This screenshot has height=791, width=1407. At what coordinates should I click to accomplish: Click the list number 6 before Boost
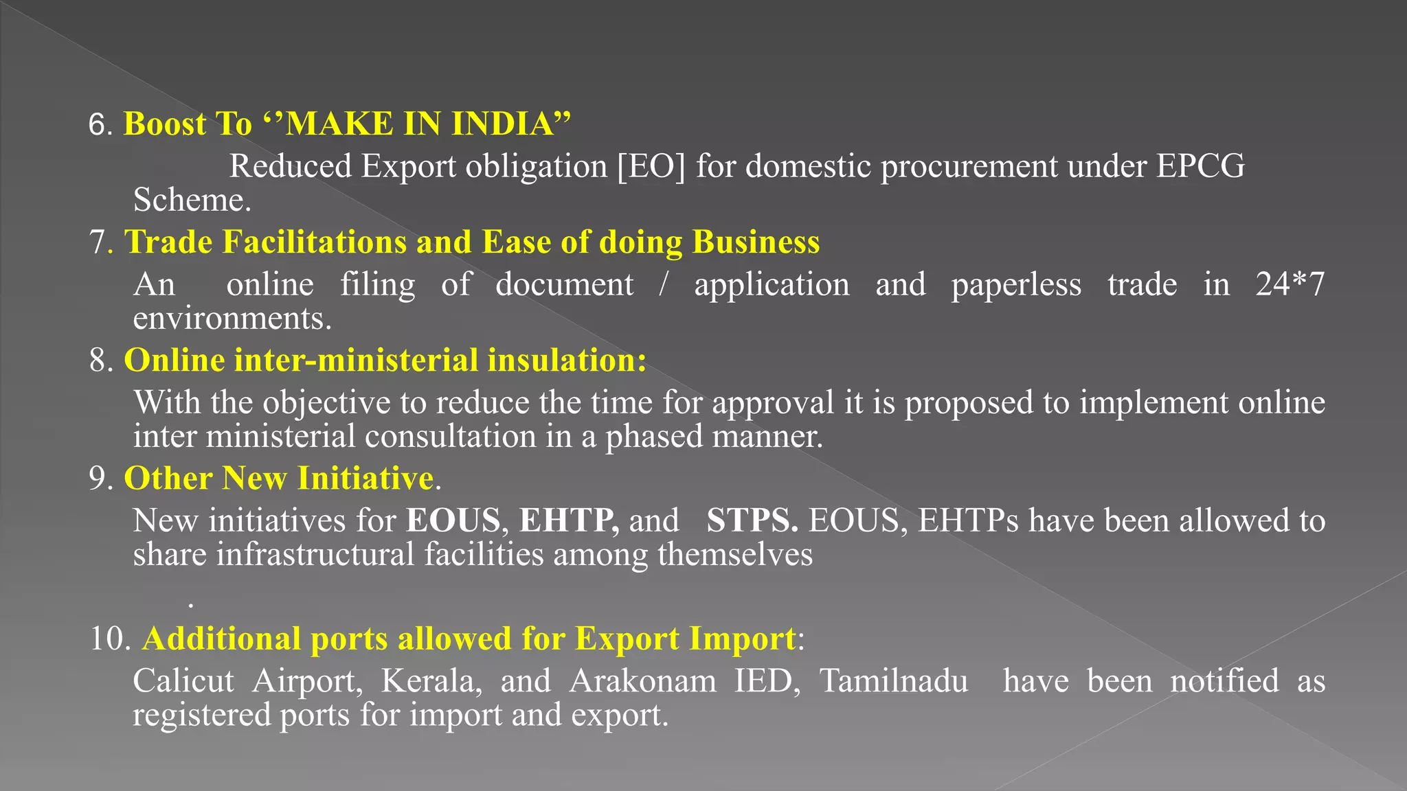coord(97,125)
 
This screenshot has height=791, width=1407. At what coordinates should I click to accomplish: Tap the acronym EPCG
coord(1200,167)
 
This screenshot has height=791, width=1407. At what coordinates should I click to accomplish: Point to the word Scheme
coord(191,200)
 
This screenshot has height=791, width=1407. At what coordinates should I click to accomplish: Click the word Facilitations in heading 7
coord(315,242)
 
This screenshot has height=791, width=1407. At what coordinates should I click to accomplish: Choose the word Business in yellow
coord(756,242)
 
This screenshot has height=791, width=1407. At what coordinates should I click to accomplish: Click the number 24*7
coord(1290,284)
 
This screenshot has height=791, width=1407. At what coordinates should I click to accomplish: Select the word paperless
coord(1015,285)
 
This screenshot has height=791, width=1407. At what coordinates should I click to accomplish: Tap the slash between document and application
coord(663,284)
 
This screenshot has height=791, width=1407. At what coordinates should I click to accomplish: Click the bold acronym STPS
coord(752,520)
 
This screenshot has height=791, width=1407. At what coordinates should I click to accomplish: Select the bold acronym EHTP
coord(568,520)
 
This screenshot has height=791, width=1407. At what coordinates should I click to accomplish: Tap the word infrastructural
coord(315,555)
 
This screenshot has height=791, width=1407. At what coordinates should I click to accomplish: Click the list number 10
coord(109,639)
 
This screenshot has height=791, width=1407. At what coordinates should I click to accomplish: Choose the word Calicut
coord(183,681)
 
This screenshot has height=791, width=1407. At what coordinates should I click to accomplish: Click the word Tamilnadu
coord(894,681)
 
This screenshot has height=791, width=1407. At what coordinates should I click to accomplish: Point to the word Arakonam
coord(642,681)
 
